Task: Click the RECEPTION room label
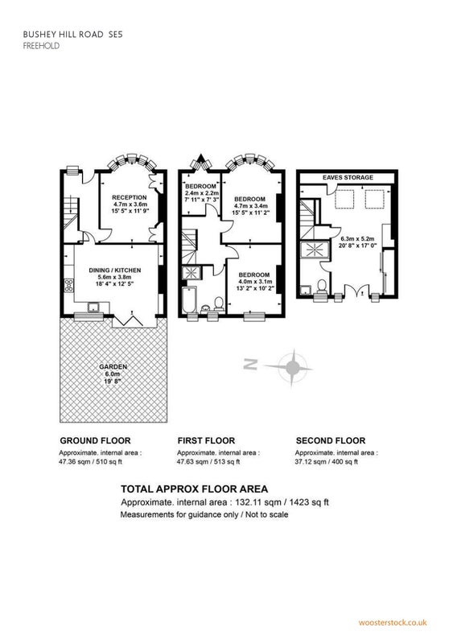tap(130, 197)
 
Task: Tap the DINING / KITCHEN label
tap(115, 270)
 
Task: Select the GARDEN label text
tap(113, 367)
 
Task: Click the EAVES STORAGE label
tap(348, 177)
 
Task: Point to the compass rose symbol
tap(292, 367)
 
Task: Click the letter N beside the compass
tap(250, 364)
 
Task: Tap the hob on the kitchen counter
tap(69, 285)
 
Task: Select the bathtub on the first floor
tap(190, 299)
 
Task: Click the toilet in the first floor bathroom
tap(218, 304)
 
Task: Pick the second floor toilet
tap(322, 286)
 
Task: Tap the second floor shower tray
tap(315, 250)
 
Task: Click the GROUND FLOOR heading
tap(95, 440)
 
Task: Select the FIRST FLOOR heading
tap(206, 440)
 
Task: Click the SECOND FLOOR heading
tap(331, 440)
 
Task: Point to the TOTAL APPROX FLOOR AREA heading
tap(194, 489)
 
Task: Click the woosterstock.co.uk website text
tap(393, 622)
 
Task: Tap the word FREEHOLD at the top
tap(41, 46)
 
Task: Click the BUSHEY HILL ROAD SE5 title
tap(72, 35)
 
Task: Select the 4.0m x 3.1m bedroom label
tap(254, 281)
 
